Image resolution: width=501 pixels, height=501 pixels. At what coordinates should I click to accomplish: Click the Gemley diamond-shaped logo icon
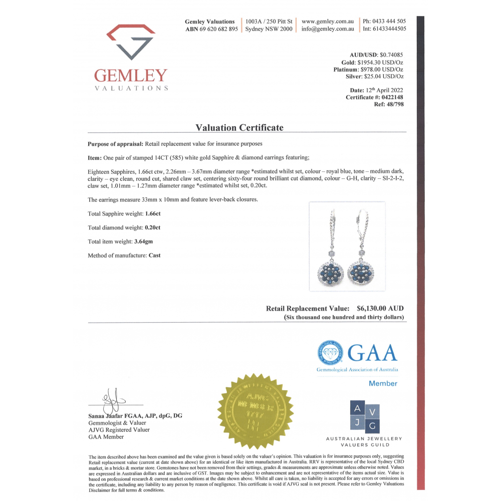tap(130, 41)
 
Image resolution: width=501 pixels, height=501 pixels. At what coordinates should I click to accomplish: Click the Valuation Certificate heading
tap(239, 128)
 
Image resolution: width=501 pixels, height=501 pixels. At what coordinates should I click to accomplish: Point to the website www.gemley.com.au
tap(328, 22)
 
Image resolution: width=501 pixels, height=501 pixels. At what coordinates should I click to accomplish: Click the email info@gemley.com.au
tap(328, 29)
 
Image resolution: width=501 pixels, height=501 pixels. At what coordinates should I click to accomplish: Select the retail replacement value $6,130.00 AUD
tap(380, 309)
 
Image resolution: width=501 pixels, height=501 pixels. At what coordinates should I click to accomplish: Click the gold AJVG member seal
tap(255, 411)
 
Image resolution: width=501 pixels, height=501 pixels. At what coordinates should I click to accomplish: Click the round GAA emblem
tap(330, 353)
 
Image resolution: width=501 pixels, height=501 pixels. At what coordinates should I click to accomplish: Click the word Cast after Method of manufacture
tap(154, 256)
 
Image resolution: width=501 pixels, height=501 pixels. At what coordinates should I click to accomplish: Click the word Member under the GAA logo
tap(383, 384)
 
